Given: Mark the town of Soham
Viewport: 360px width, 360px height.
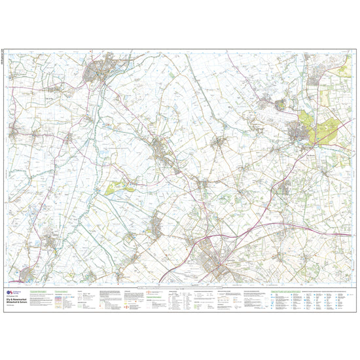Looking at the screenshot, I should (161, 148).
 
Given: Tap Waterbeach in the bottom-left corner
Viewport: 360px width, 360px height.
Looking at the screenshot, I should (29, 273).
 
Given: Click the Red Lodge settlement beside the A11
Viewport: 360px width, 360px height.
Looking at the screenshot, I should (285, 189).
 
